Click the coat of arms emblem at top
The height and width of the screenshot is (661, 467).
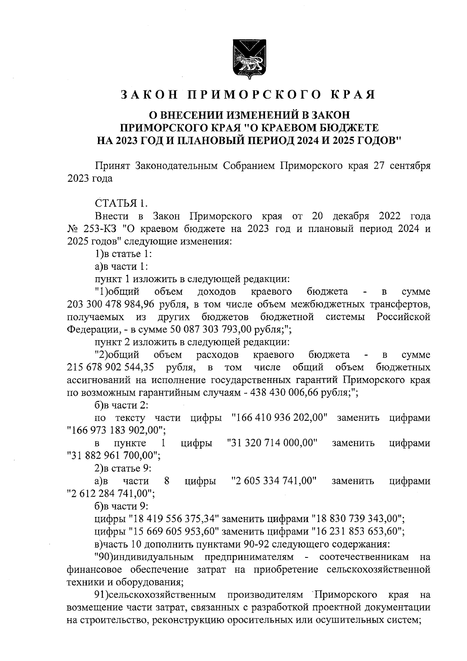(249, 57)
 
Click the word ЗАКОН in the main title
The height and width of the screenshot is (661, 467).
(149, 95)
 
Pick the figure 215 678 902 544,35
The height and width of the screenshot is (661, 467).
(111, 367)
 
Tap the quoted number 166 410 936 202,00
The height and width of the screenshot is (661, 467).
(279, 418)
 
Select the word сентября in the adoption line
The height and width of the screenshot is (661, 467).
(409, 166)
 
